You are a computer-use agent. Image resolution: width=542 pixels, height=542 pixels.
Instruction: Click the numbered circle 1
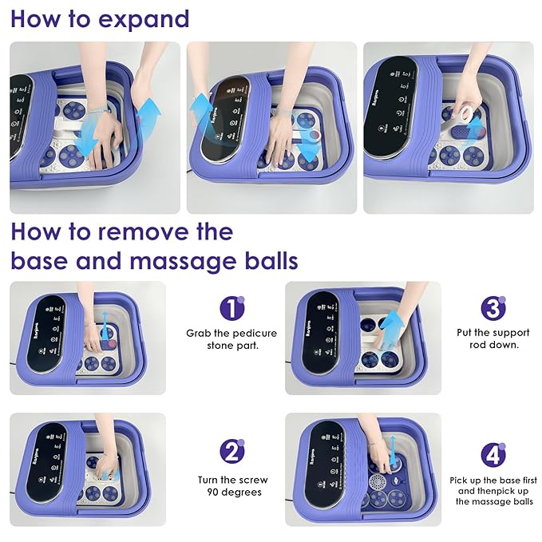coord(231,307)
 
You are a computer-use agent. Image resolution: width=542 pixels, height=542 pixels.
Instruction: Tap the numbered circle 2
coord(231,452)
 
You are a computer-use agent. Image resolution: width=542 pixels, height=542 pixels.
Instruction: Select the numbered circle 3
coord(493,307)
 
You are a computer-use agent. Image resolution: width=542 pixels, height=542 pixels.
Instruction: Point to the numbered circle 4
coord(493,454)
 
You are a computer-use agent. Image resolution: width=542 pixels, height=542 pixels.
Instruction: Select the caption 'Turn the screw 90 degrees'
coord(232,486)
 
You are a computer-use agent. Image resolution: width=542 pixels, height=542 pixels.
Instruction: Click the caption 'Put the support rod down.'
coord(493,339)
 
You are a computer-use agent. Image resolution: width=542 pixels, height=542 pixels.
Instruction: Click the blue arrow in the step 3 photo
coord(391,332)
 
